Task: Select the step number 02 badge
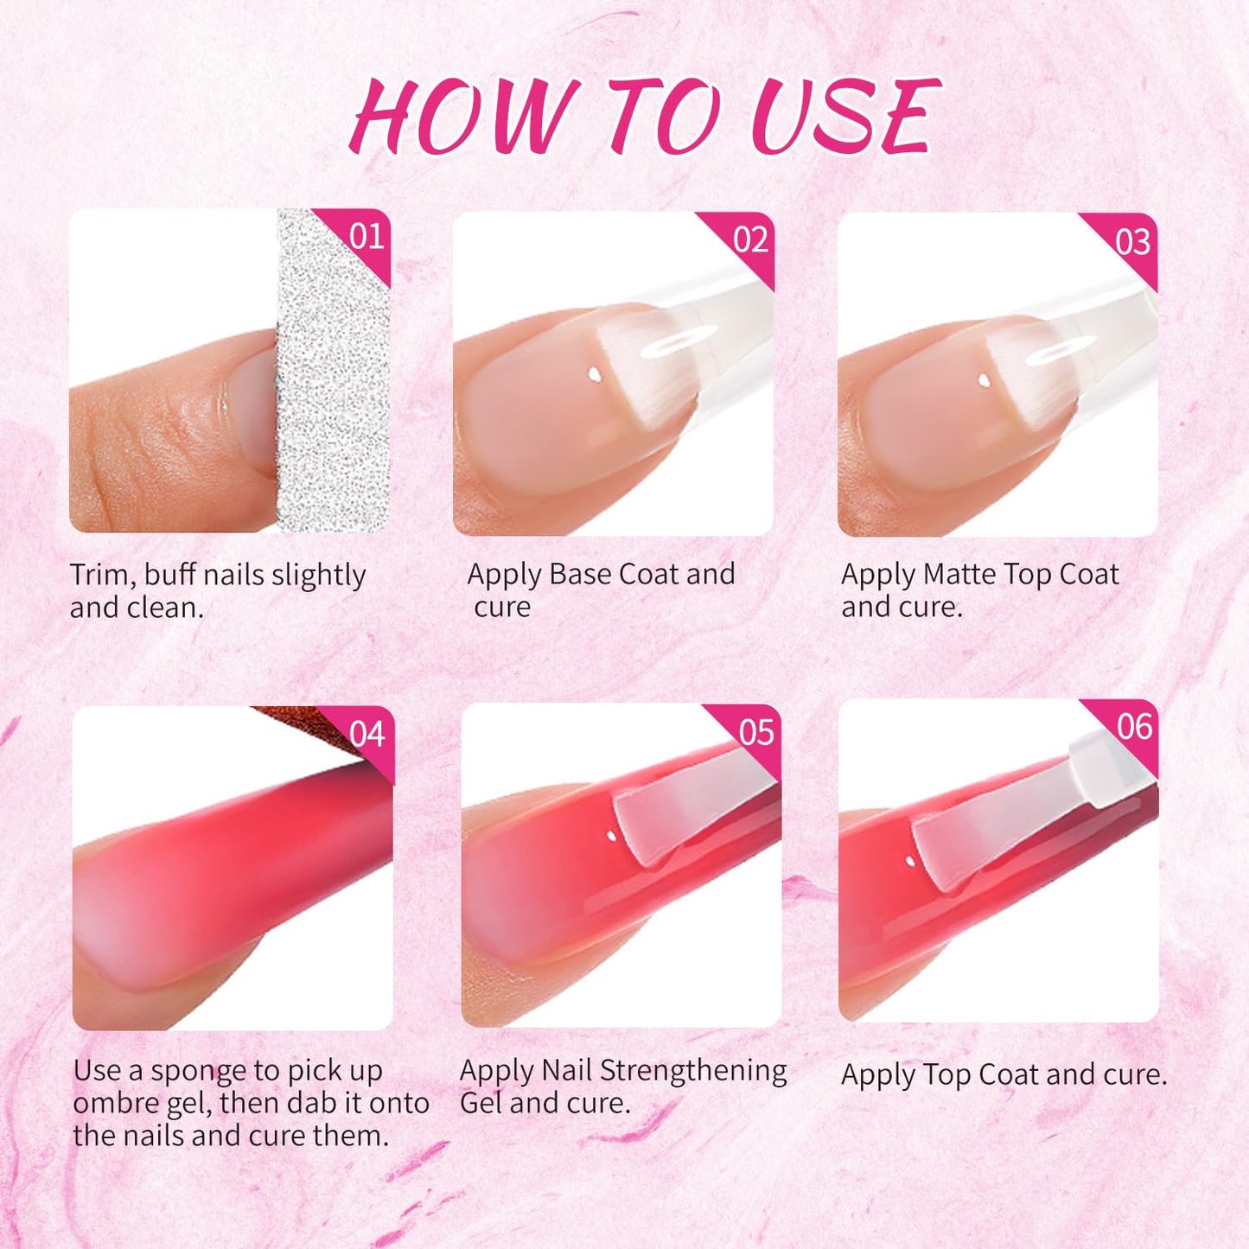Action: [x=750, y=239]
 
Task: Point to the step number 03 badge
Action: [x=1132, y=242]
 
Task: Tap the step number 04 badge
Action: [x=367, y=735]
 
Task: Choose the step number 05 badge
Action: [x=756, y=733]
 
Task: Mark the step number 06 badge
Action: [x=1134, y=727]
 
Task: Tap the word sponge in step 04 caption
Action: [x=215, y=1071]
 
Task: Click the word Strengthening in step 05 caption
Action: [x=693, y=1070]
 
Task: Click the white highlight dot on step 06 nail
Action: [x=910, y=861]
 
